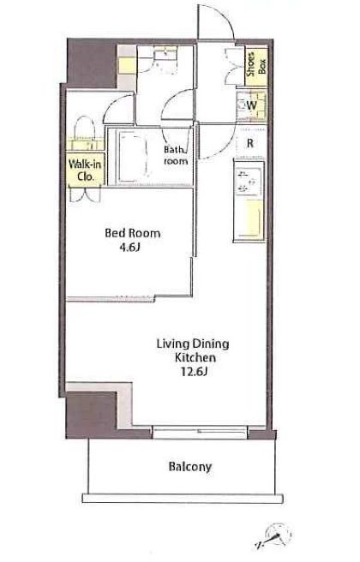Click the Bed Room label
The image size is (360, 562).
(x=132, y=233)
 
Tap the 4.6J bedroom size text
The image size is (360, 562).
(x=129, y=248)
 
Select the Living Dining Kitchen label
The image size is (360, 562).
(x=193, y=351)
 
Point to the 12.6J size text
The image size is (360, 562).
(x=194, y=372)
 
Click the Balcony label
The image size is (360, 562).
(x=190, y=467)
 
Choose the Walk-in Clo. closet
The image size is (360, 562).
(x=86, y=170)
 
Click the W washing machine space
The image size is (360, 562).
(x=251, y=105)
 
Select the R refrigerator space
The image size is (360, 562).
(x=250, y=143)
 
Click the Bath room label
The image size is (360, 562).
(x=176, y=155)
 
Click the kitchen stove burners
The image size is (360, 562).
(x=248, y=182)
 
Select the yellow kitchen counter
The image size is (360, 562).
(x=248, y=218)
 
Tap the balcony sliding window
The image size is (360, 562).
(x=200, y=433)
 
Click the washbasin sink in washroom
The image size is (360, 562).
(x=165, y=55)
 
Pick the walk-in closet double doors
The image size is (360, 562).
(x=86, y=194)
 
